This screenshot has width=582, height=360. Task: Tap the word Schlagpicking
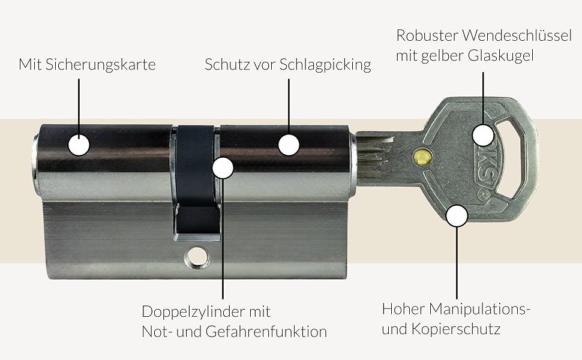click(x=325, y=64)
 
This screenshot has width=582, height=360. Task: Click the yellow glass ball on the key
click(x=423, y=157)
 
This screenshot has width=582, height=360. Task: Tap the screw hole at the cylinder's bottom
click(x=196, y=259)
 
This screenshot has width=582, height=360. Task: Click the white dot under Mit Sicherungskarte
click(x=79, y=145)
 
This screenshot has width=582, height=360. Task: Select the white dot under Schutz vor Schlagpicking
click(x=289, y=145)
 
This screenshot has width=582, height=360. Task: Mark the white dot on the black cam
click(x=223, y=168)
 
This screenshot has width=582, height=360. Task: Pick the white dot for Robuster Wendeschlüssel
click(x=483, y=135)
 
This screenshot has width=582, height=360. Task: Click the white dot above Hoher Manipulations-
click(x=457, y=215)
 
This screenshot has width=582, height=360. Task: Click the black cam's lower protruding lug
click(x=197, y=222)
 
